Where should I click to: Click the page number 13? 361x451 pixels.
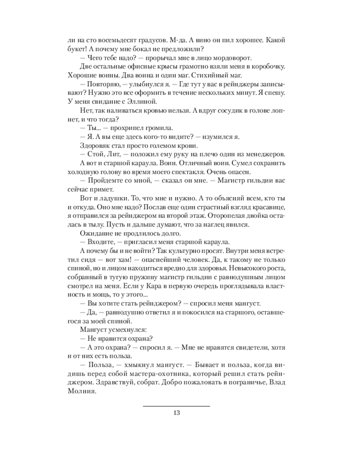coord(176,413)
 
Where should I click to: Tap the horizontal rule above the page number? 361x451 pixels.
coord(176,406)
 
